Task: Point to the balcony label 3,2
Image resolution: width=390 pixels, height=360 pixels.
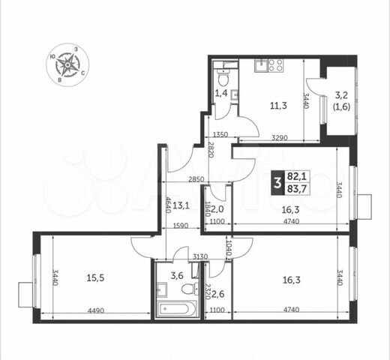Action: [340, 95]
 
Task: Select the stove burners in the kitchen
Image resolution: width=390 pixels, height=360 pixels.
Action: [274, 65]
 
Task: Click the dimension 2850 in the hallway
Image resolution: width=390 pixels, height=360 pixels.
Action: [196, 178]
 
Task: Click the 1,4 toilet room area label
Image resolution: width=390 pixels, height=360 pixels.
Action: [221, 94]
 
